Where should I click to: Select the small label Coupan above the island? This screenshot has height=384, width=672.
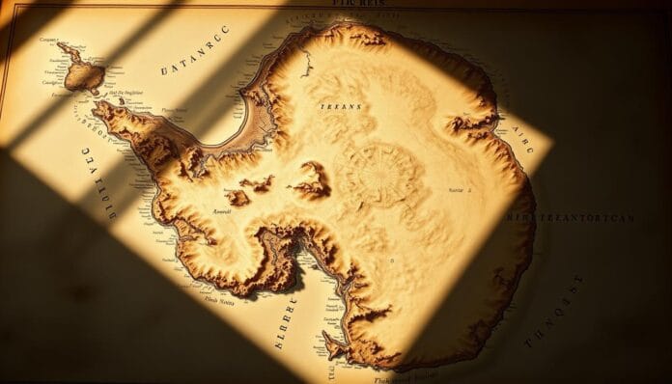[x=49, y=40]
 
